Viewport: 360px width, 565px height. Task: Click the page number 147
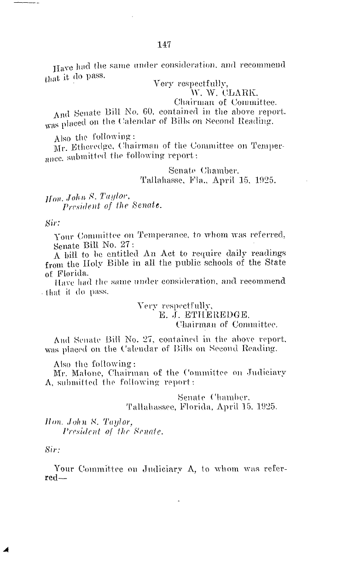click(x=164, y=45)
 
